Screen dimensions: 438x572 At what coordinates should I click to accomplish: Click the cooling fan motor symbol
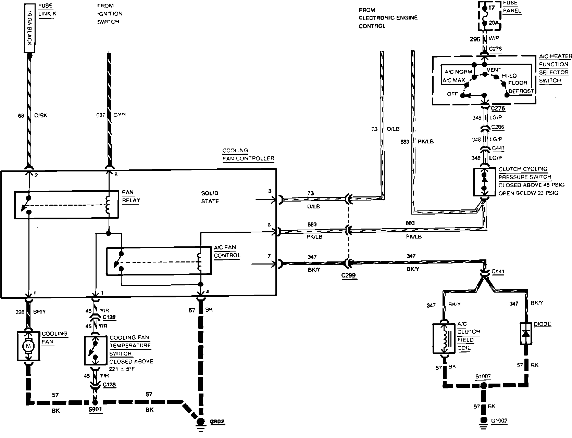point(28,346)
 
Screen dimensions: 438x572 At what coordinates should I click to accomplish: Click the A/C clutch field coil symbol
point(445,338)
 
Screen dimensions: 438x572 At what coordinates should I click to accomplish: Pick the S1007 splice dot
point(483,386)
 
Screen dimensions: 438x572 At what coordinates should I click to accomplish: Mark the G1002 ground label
point(499,421)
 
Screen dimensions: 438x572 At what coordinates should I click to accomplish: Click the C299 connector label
point(349,275)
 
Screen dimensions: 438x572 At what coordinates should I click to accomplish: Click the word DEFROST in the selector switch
point(521,91)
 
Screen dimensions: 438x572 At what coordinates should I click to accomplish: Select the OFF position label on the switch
point(452,94)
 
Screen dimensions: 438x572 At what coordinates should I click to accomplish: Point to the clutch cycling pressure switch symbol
point(484,182)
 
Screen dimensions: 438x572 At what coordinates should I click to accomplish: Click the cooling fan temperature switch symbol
point(96,350)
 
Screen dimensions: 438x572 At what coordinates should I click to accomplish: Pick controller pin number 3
point(270,191)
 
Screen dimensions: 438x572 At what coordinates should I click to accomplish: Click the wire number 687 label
point(101,115)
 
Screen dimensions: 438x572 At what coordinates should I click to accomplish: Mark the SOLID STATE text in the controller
point(210,197)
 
